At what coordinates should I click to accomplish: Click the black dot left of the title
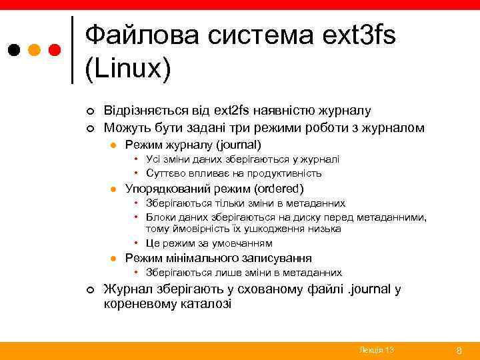tap(14, 50)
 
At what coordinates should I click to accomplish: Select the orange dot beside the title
tap(34, 50)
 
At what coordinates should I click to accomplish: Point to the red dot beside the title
tap(55, 50)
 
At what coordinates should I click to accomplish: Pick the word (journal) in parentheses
tap(236, 145)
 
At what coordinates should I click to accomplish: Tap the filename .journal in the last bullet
tap(371, 289)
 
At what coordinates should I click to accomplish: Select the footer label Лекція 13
tap(376, 350)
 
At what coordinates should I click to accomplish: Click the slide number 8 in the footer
tap(458, 350)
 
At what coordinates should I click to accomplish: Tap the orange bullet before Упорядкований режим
tap(114, 189)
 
